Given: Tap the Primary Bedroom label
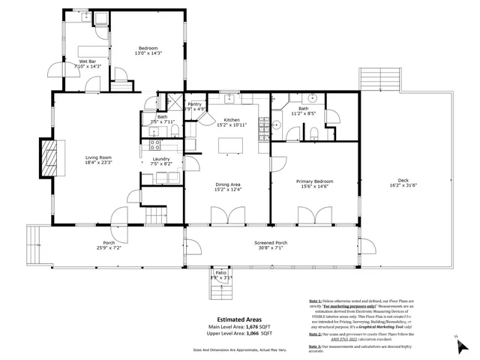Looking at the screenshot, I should tap(314, 181).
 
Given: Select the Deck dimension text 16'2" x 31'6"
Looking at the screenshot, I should tap(403, 186).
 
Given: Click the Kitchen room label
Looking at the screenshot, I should tap(232, 120).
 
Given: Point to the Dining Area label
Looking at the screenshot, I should tap(227, 184).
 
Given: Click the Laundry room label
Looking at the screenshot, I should tap(161, 158).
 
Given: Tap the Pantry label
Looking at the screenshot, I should tap(194, 104).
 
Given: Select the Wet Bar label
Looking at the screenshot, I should tap(88, 61).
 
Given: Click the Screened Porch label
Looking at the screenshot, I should tap(271, 243).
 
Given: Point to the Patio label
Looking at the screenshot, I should tap(220, 273).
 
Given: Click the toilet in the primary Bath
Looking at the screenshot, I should tap(316, 133).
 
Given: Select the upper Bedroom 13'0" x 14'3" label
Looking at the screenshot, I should tap(148, 49).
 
